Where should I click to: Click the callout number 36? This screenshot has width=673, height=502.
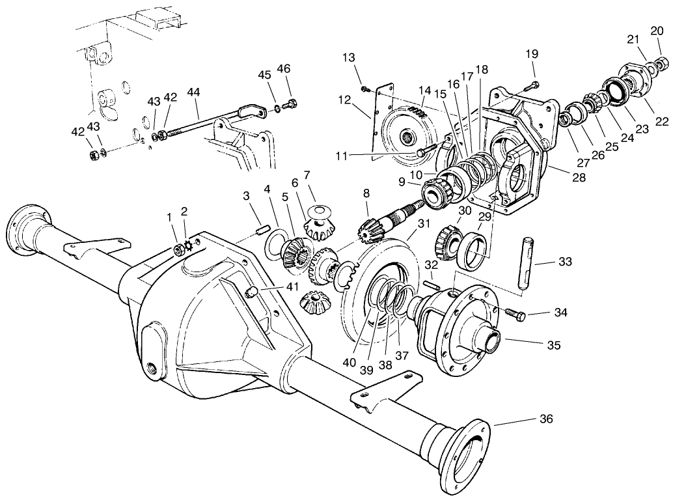[x=545, y=419]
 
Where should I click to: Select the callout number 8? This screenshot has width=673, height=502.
[x=366, y=193]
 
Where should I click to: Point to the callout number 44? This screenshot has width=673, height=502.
[x=193, y=92]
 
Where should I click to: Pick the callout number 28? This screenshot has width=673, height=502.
[x=579, y=177]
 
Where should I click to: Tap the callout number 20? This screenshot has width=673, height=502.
[x=657, y=31]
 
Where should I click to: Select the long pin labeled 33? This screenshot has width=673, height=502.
[x=526, y=264]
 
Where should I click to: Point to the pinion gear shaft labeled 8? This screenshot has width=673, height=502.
[x=384, y=221]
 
